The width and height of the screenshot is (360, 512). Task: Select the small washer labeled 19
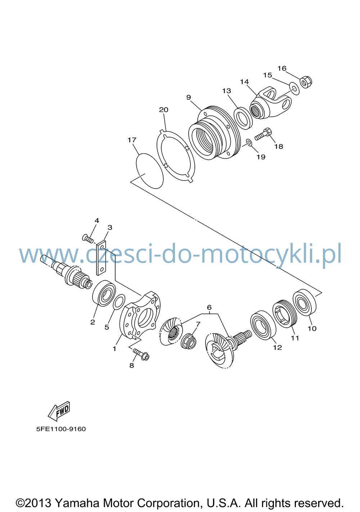tap(249, 143)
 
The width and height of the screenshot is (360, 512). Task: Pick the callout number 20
tap(163, 110)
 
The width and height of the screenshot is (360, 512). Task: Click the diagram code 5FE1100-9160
tap(61, 429)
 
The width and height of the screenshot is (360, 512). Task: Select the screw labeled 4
tap(88, 239)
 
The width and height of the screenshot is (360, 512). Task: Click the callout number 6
tap(209, 307)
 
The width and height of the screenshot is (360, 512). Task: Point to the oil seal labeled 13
tap(243, 118)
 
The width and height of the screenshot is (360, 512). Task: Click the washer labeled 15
tap(294, 89)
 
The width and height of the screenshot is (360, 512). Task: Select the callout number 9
tap(189, 98)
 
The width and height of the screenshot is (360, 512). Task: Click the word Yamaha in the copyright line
tap(77, 503)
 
